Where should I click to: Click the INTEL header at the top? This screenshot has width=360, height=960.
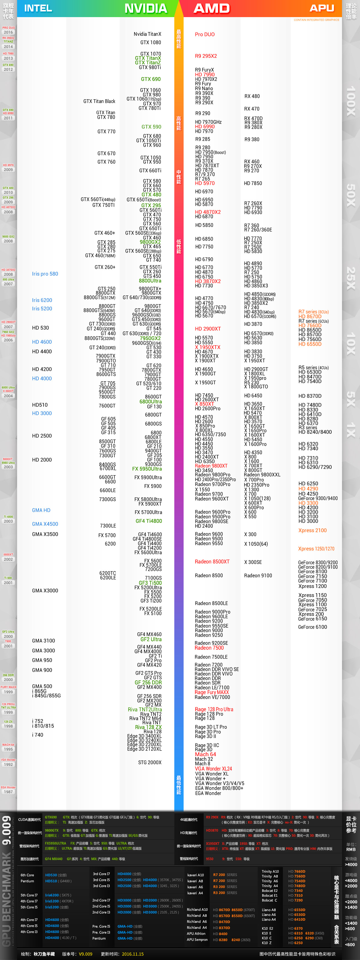click(x=38, y=8)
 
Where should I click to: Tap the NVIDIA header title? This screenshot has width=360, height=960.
click(x=146, y=8)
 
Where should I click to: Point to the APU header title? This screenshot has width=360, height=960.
click(x=322, y=8)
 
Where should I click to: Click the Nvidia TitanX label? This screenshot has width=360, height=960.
click(x=148, y=34)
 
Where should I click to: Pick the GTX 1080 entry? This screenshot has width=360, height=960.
click(x=151, y=43)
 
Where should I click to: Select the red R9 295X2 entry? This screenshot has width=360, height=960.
click(x=206, y=56)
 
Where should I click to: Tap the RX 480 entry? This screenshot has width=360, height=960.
click(x=252, y=96)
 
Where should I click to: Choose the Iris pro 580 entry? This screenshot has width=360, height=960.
click(x=45, y=274)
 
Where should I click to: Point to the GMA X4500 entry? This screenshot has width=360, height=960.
click(x=45, y=524)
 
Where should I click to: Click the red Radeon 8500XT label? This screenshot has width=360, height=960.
click(x=212, y=562)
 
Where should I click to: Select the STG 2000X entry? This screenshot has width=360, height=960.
click(x=150, y=763)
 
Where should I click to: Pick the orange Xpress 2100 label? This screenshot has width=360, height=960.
click(x=312, y=530)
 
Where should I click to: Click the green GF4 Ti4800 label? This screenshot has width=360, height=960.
click(x=149, y=521)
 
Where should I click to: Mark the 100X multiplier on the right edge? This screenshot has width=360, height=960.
click(x=351, y=101)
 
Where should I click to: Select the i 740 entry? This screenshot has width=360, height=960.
click(x=37, y=735)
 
